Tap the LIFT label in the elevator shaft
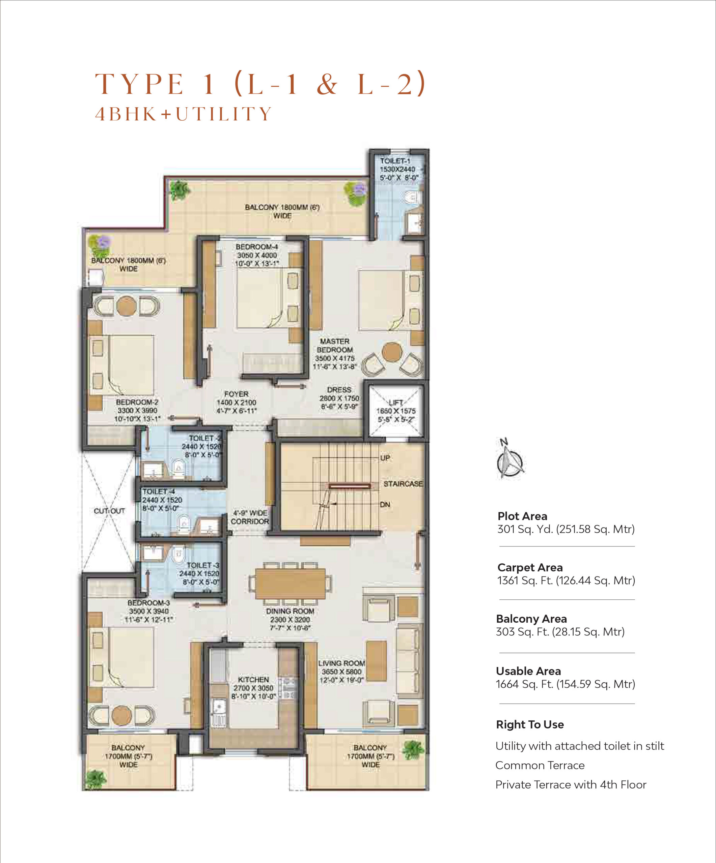[396, 402]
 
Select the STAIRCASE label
[403, 484]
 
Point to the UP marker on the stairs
[385, 458]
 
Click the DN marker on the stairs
[385, 504]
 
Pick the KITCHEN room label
[253, 679]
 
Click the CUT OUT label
[109, 511]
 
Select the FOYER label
[236, 394]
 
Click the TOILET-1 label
[395, 161]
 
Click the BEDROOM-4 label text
[257, 246]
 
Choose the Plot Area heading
[522, 516]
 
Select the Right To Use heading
[530, 724]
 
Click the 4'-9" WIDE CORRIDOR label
[250, 517]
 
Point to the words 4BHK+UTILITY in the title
[184, 114]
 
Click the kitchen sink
[218, 711]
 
